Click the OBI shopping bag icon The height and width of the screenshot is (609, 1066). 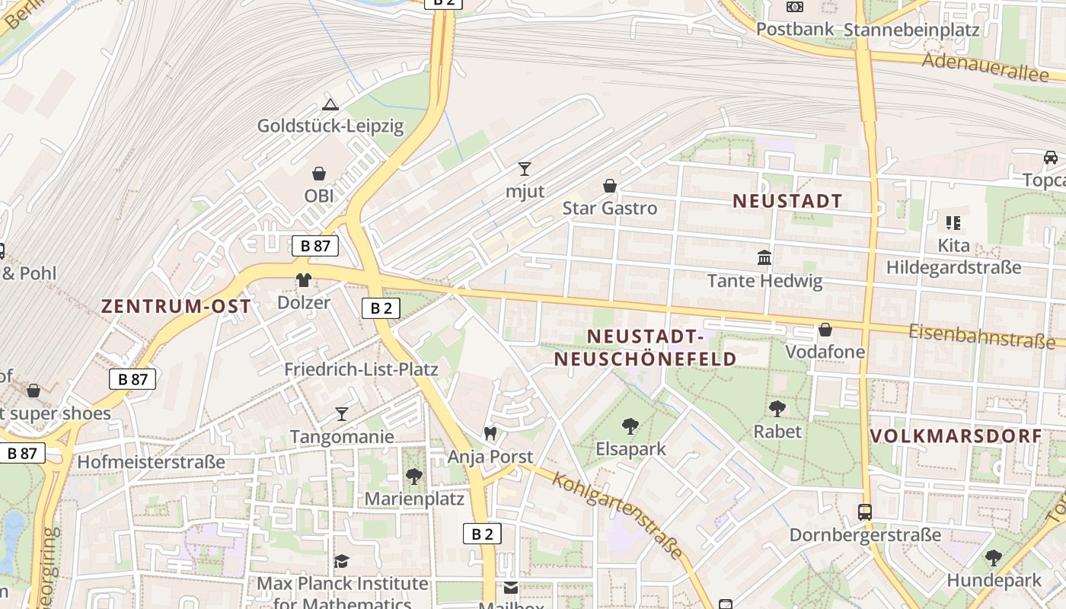(x=319, y=174)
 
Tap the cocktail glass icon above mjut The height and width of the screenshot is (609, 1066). (x=524, y=168)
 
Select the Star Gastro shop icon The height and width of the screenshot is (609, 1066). (x=609, y=185)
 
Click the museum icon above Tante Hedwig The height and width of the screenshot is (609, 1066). (x=764, y=258)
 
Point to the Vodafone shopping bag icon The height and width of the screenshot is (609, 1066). (x=825, y=330)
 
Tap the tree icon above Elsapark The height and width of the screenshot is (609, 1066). (x=630, y=426)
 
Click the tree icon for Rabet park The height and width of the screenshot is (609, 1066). (x=777, y=409)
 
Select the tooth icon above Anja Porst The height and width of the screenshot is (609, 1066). (x=490, y=433)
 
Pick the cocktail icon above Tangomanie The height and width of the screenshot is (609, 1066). (x=342, y=413)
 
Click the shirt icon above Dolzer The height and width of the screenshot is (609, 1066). (x=304, y=279)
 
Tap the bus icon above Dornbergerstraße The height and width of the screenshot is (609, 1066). (x=864, y=512)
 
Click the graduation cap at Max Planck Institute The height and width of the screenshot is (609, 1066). (x=342, y=561)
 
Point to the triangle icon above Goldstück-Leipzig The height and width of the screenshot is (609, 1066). (x=330, y=104)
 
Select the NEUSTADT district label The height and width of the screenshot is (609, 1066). (x=787, y=201)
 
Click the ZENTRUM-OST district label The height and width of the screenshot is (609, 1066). (x=176, y=306)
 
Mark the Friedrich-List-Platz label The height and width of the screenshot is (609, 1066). (x=361, y=369)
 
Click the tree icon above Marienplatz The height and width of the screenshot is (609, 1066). (x=413, y=477)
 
